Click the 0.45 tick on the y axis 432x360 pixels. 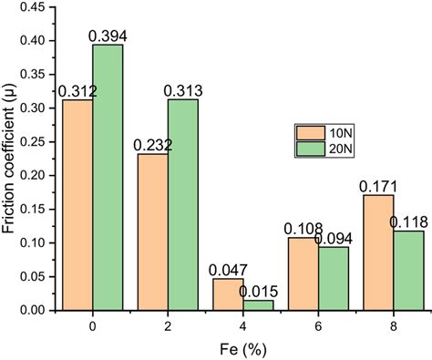[34, 6]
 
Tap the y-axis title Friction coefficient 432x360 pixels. [10, 159]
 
